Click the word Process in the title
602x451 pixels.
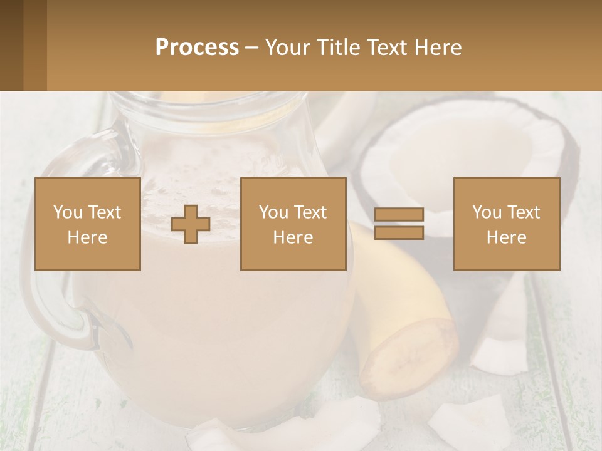tap(197, 48)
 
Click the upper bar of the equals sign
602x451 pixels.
tap(399, 215)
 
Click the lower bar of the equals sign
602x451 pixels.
tap(399, 232)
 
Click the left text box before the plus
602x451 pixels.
tap(88, 224)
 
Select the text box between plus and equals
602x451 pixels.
tap(293, 224)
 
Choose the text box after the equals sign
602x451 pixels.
tap(506, 224)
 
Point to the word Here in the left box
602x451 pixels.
tap(88, 237)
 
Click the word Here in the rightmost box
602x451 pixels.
tap(506, 237)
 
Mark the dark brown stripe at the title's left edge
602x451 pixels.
tap(11, 45)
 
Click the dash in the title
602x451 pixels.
tap(252, 48)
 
